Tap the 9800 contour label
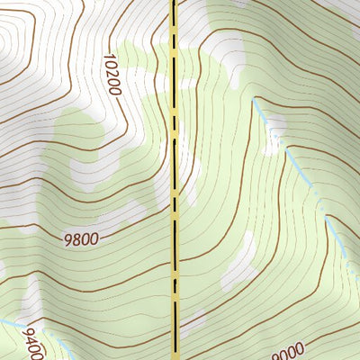81,239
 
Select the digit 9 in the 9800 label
67,240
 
